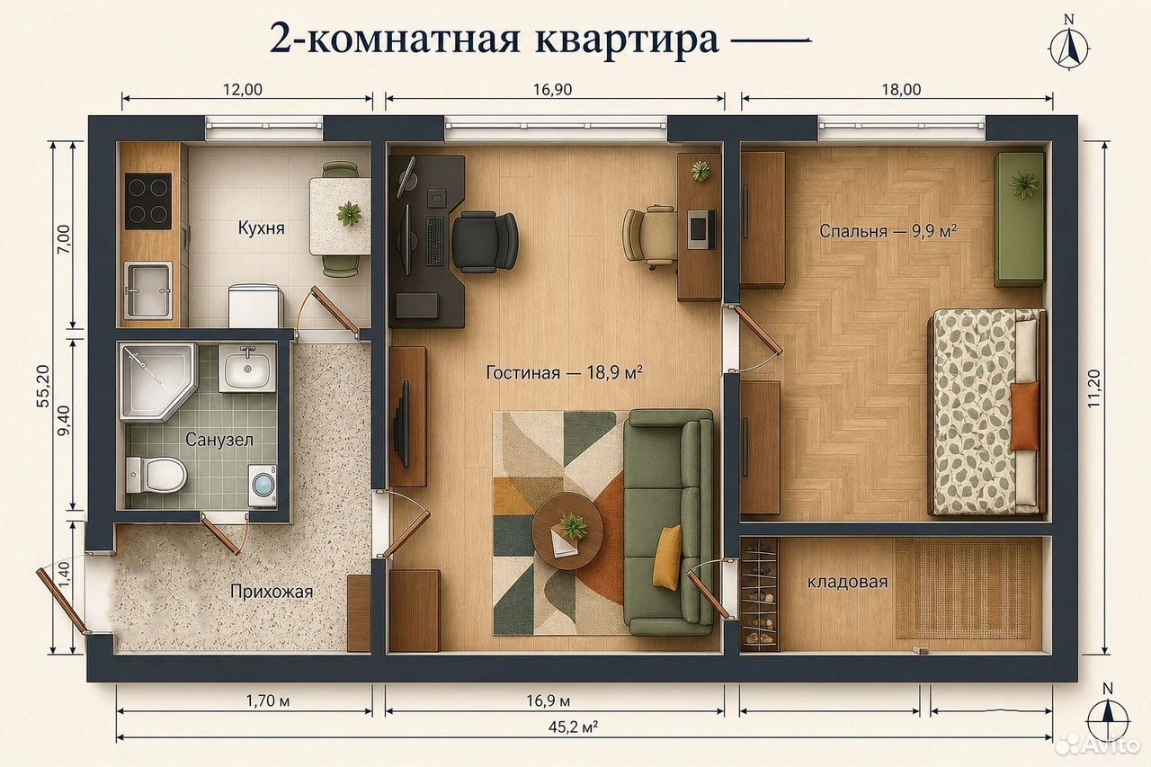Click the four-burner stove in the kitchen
pyautogui.click(x=148, y=201)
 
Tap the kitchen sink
pyautogui.click(x=148, y=290)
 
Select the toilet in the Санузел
pyautogui.click(x=156, y=475)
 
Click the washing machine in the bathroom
pyautogui.click(x=263, y=486)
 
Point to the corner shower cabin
pyautogui.click(x=156, y=382)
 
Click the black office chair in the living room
pyautogui.click(x=485, y=242)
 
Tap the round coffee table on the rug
pyautogui.click(x=567, y=531)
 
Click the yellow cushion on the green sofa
pyautogui.click(x=667, y=557)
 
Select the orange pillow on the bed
pyautogui.click(x=1024, y=416)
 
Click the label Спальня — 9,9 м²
pyautogui.click(x=888, y=231)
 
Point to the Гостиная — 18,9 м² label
pyautogui.click(x=564, y=372)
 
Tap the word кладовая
pyautogui.click(x=847, y=582)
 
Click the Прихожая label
pyautogui.click(x=272, y=592)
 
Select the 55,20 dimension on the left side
pyautogui.click(x=43, y=386)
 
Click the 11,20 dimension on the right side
pyautogui.click(x=1093, y=388)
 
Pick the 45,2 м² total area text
pyautogui.click(x=573, y=727)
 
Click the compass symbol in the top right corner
pyautogui.click(x=1069, y=49)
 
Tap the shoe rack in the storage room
pyautogui.click(x=760, y=594)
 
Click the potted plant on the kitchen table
pyautogui.click(x=349, y=213)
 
